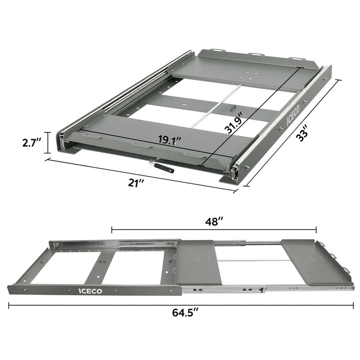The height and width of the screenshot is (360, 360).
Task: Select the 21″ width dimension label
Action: pos(137,183)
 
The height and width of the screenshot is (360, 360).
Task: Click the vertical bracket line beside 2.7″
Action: pos(47,142)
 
